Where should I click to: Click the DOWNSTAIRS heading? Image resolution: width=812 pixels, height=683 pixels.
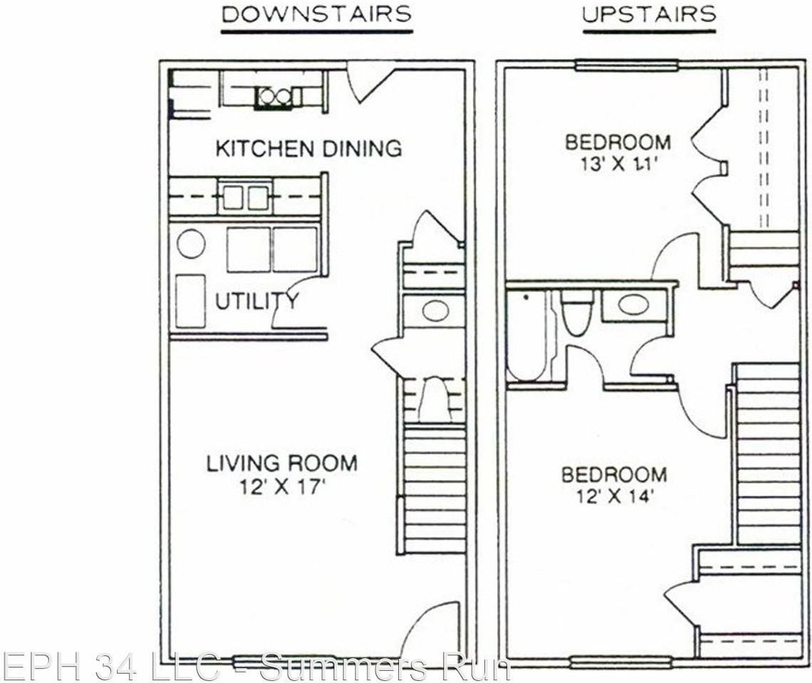pos(316,14)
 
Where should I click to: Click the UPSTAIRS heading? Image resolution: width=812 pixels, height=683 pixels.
pos(648,14)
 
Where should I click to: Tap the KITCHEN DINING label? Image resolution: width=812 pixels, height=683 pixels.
pos(308,148)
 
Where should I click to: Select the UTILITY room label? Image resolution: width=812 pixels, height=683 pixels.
pos(256,301)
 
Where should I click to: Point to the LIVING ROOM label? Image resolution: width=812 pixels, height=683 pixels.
pos(282,464)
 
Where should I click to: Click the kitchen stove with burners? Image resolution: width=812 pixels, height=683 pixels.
pos(274,96)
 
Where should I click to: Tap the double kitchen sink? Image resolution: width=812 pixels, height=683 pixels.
pos(244,196)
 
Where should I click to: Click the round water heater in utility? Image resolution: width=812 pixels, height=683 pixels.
pos(191,245)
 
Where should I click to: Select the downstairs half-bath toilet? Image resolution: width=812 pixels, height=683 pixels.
pos(433,399)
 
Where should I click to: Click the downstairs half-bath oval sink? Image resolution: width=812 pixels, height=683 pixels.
pos(435,310)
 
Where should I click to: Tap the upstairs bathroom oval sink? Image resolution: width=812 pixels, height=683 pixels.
pos(633,305)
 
